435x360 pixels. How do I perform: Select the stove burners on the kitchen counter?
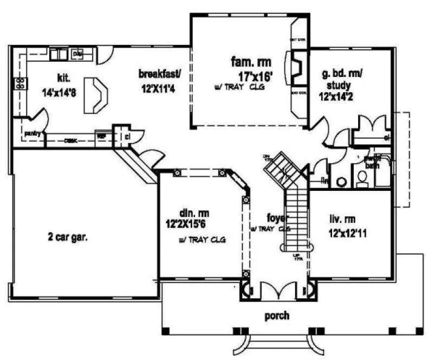[20, 83]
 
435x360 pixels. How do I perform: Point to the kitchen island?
[96, 95]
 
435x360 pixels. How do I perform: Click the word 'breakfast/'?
[159, 73]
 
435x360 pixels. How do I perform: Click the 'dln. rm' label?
[194, 213]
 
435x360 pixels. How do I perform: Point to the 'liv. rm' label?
[343, 220]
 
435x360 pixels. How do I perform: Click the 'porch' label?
[276, 315]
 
